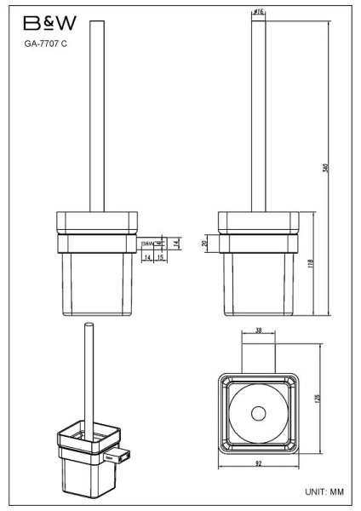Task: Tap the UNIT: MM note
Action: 323,493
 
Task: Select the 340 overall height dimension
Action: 325,168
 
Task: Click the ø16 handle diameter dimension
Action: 257,12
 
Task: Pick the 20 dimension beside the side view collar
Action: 205,243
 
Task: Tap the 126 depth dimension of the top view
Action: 318,399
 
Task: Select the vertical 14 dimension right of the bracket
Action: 175,243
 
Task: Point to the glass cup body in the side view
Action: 256,285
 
